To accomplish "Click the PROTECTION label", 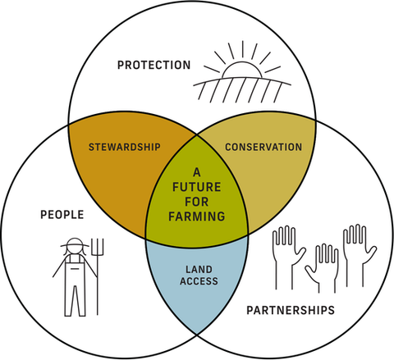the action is (153, 65).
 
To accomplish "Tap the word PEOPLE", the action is (62, 215).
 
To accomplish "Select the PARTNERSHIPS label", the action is (291, 310).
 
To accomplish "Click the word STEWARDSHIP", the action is (125, 147).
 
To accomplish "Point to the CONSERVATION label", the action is (263, 147).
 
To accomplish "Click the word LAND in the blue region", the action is (199, 270).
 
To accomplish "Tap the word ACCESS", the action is (199, 281).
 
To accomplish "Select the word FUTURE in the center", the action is (197, 187).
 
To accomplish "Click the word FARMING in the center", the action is (197, 216).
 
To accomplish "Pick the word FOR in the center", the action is (197, 202).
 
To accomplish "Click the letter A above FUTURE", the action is (197, 172).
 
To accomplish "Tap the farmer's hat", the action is (75, 243).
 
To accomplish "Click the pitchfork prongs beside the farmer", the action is (98, 247).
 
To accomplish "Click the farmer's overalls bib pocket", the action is (75, 269).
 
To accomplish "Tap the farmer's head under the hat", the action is (75, 249).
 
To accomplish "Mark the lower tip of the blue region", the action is (197, 334).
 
